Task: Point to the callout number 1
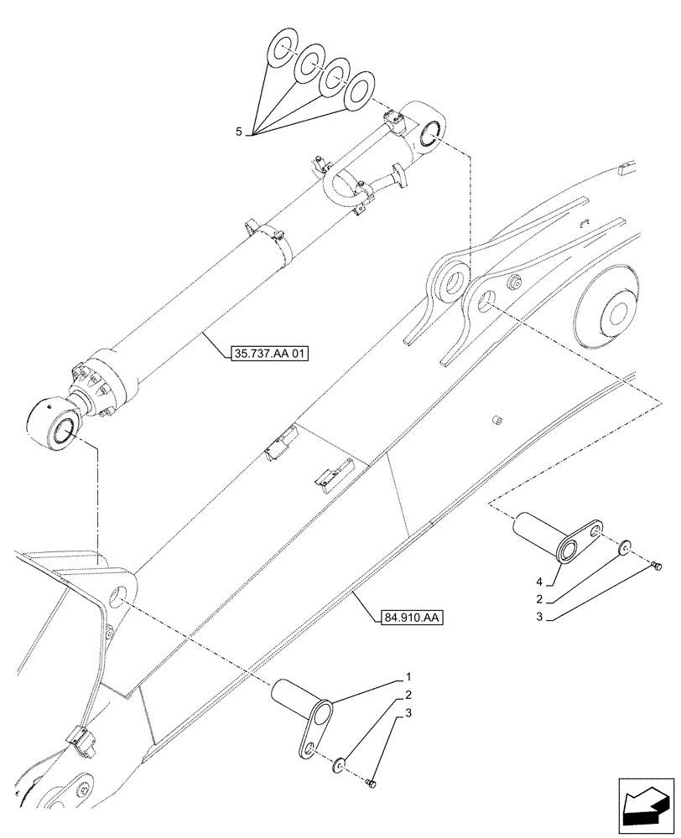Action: (408, 676)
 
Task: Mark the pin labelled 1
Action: (302, 702)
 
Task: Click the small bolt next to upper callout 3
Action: (657, 568)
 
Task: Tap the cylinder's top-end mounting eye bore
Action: (430, 133)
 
